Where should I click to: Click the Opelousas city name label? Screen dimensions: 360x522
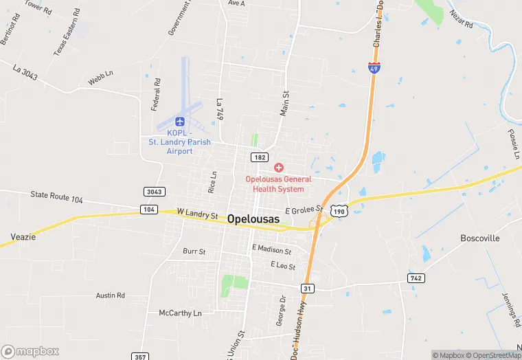pos(253,218)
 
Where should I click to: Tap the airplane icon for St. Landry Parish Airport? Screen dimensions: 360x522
pos(180,122)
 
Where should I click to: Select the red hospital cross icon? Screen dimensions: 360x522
pos(279,168)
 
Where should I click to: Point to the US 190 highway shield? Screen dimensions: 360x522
pos(337,211)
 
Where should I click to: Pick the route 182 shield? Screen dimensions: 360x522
pos(259,157)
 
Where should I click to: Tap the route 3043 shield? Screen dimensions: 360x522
pos(153,191)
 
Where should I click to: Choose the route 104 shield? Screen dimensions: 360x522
pos(149,209)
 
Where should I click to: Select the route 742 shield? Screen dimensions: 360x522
pos(415,278)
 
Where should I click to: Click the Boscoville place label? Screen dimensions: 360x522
pos(480,238)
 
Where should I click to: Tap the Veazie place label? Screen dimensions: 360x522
pos(23,237)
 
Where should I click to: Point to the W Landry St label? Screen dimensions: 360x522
pos(197,214)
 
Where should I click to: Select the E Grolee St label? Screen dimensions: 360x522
pos(304,209)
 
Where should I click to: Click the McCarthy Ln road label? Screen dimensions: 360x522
pos(181,313)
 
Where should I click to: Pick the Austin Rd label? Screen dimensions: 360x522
pos(110,295)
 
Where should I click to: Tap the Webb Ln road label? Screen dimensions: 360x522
pos(100,80)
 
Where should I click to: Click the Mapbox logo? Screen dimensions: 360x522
pos(30,351)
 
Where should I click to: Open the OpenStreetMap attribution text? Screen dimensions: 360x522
pos(493,355)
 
